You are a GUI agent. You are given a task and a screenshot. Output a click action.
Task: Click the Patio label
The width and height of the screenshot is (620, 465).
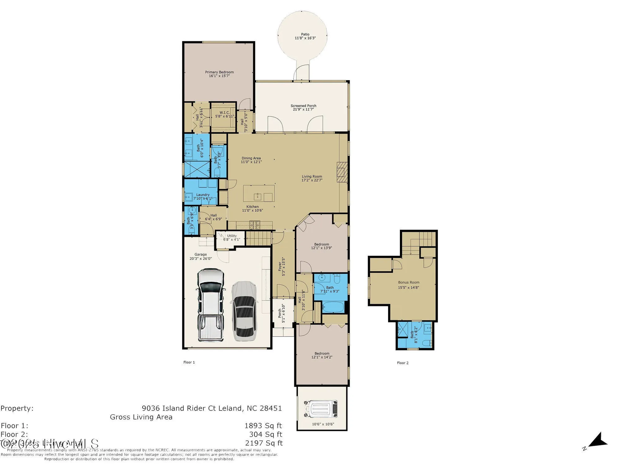point(305,34)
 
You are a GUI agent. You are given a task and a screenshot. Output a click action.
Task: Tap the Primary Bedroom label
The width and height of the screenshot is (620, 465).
point(219,72)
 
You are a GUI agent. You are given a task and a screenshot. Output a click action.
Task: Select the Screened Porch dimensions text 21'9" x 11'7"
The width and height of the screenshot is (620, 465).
point(303,109)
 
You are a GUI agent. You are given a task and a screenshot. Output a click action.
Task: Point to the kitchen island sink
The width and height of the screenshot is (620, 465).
point(258,196)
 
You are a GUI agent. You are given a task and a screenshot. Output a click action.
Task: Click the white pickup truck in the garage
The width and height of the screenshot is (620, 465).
point(211,305)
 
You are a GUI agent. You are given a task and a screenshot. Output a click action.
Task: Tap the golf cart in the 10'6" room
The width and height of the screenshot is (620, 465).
point(321,409)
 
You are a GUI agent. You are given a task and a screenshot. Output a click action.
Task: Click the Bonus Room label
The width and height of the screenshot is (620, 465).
point(409,282)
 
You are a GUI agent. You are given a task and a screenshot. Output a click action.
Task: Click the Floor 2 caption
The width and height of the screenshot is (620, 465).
point(403,363)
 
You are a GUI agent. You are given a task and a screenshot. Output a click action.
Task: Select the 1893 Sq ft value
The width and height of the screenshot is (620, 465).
point(263,426)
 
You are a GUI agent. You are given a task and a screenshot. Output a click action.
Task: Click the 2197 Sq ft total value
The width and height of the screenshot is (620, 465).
point(264,443)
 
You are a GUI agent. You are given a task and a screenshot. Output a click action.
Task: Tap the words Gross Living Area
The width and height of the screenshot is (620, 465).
point(141,417)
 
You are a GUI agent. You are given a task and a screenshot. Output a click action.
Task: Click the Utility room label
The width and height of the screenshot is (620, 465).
point(232,236)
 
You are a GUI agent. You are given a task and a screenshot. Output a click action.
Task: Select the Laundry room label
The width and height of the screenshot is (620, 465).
point(203,195)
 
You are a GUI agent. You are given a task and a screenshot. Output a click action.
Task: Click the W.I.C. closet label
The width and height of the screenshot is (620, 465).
point(224,113)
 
